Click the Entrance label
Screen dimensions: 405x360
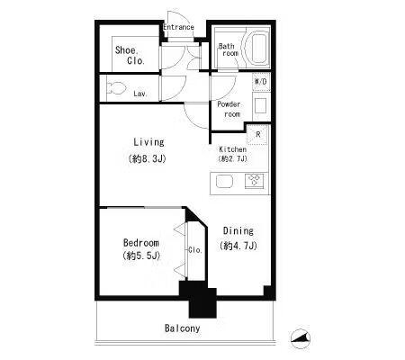pos(178,27)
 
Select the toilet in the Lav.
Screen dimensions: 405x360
pos(116,88)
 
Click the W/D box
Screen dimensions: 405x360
pos(261,82)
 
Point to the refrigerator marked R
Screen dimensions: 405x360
pos(256,135)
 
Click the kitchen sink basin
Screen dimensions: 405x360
pos(224,182)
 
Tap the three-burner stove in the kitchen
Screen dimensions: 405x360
pos(255,181)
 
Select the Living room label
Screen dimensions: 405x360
pos(148,142)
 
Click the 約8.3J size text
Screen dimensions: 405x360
pos(147,158)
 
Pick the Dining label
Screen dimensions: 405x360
pos(238,230)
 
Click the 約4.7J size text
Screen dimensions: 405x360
pos(238,246)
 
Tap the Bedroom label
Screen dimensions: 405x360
pos(141,242)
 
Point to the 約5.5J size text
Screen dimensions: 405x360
pos(141,256)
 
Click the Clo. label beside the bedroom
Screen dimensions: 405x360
pos(195,249)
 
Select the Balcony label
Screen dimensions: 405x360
pos(182,328)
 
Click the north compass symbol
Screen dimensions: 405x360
pos(301,338)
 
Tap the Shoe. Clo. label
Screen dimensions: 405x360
pos(130,55)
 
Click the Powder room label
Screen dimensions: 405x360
pos(229,109)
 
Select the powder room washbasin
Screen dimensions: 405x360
pos(260,105)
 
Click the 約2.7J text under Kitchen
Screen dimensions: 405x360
pos(233,158)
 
